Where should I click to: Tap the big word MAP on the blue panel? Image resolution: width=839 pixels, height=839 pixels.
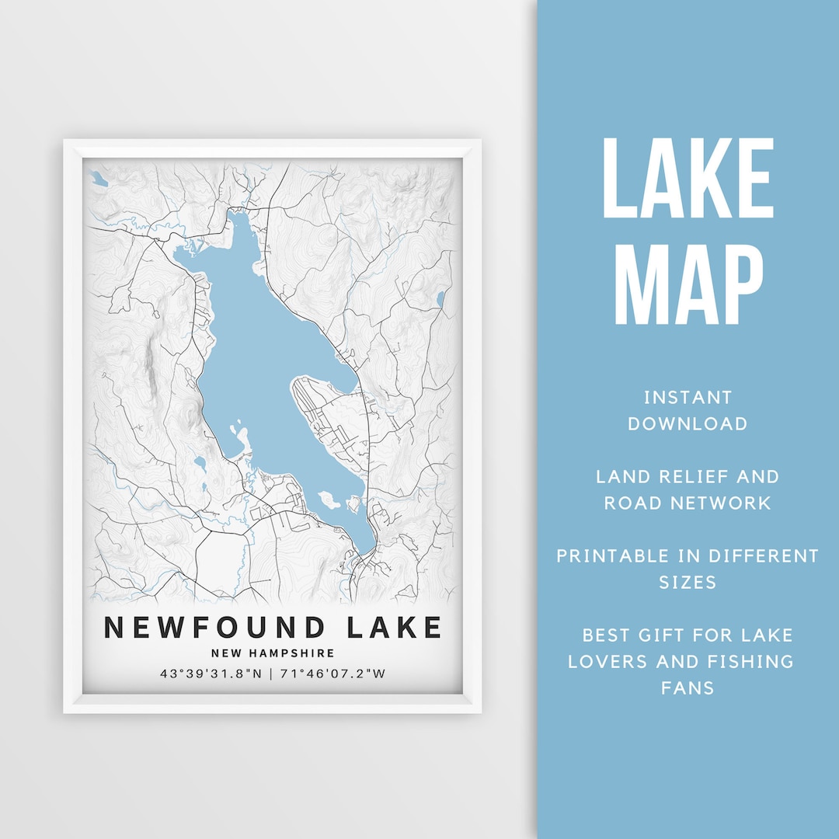(x=688, y=286)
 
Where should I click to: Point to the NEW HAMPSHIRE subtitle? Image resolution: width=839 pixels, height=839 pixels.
(x=273, y=653)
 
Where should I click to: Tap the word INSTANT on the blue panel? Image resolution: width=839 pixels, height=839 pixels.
(x=688, y=398)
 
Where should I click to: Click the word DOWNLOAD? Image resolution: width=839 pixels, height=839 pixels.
(x=688, y=423)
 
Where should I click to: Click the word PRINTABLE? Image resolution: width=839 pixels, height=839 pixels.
(x=613, y=556)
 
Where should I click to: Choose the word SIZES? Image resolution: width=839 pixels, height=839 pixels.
(x=688, y=582)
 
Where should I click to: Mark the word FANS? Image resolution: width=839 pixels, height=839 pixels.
(x=688, y=688)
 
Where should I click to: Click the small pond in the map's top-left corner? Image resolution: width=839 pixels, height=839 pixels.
(x=98, y=179)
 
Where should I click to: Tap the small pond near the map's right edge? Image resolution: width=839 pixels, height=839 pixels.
(x=440, y=299)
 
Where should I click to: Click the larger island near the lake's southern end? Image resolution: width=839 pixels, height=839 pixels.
(x=329, y=500)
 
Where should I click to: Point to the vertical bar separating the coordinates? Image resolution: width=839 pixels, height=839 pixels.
(x=271, y=674)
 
